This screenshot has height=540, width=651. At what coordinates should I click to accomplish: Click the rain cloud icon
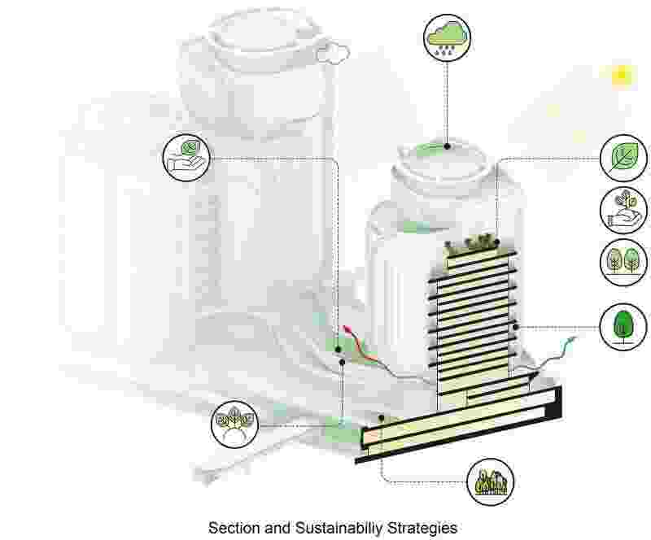coord(447,37)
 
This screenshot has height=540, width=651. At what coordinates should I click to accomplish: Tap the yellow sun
coord(623,75)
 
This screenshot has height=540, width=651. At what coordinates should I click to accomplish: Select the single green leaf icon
coord(623,158)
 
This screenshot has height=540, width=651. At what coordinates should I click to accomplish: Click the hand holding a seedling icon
coord(623,209)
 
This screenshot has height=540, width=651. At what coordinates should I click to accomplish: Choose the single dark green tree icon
coord(623,325)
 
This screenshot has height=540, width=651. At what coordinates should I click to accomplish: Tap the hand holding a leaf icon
coord(186,157)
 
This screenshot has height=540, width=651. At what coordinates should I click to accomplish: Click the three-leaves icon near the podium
coord(234,423)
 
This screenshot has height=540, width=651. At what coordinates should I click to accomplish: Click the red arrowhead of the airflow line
coord(348,328)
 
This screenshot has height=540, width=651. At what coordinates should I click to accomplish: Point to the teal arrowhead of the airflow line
coord(575,337)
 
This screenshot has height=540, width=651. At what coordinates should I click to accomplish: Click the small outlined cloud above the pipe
coord(333,54)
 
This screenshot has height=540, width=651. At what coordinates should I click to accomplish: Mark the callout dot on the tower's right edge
coord(517,326)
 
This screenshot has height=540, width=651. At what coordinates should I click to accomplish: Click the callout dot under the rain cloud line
coord(447,146)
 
